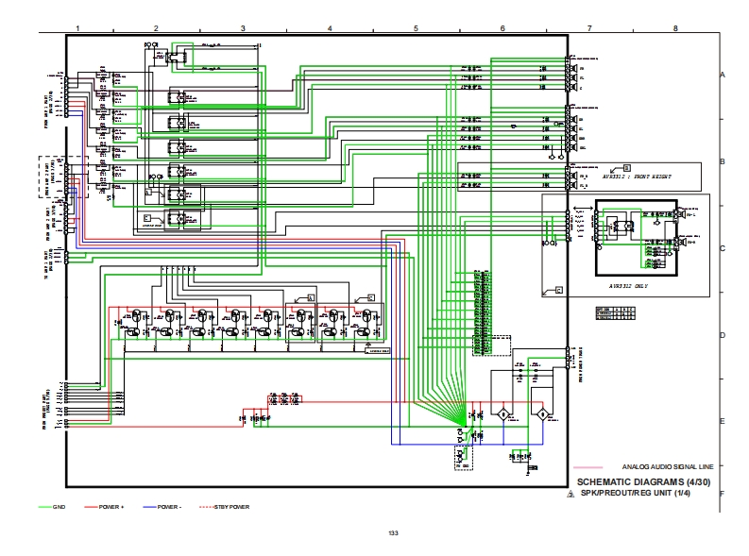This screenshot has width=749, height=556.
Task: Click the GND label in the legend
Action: [x=59, y=507]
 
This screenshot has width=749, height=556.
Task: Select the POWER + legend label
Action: [x=111, y=507]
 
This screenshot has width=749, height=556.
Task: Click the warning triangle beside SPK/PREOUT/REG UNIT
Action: [x=570, y=494]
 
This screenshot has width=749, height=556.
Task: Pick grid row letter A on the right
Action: [x=722, y=75]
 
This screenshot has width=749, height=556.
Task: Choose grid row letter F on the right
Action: [x=722, y=493]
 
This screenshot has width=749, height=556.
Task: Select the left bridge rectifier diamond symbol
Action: [x=502, y=415]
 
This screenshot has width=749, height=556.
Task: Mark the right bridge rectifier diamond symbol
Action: [x=542, y=415]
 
